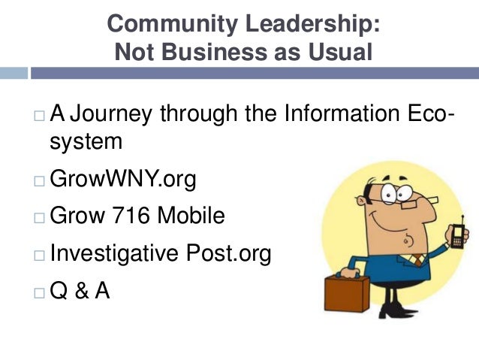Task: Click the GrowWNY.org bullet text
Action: click(122, 180)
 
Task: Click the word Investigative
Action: click(113, 254)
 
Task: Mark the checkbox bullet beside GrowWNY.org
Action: click(39, 181)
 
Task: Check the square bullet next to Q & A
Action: click(39, 292)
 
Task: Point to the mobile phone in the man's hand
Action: click(456, 234)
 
